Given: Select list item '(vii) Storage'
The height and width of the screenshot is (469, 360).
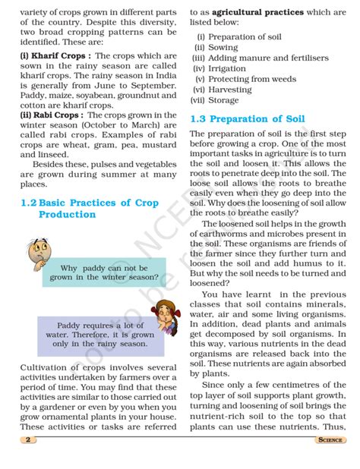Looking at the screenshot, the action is point(216,99).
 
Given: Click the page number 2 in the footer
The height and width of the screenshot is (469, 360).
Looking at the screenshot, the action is point(28,440).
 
